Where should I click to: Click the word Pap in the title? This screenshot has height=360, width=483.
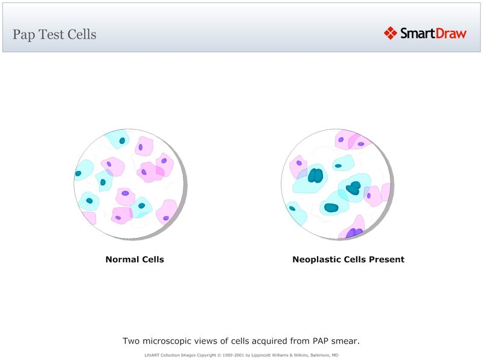coord(24,34)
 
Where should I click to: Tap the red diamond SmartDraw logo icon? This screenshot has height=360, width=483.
coord(390,33)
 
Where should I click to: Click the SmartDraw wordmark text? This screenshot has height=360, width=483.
coord(433,33)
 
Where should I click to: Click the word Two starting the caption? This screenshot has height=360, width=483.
coord(131,341)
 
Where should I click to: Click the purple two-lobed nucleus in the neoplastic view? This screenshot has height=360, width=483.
coord(354,233)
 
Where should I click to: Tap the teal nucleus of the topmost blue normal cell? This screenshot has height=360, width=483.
coord(122,141)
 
